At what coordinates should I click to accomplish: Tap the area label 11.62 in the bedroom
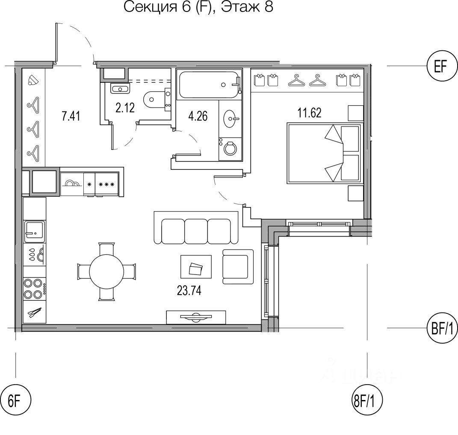pos(309,113)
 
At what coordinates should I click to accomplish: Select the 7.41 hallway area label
pos(71,116)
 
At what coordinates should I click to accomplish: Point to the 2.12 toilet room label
pos(125,108)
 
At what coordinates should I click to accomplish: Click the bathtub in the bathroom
pos(209,85)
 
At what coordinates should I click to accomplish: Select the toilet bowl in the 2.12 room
pos(154,100)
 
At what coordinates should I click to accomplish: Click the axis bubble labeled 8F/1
pos(366,402)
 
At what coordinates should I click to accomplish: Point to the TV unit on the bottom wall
pos(196,317)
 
